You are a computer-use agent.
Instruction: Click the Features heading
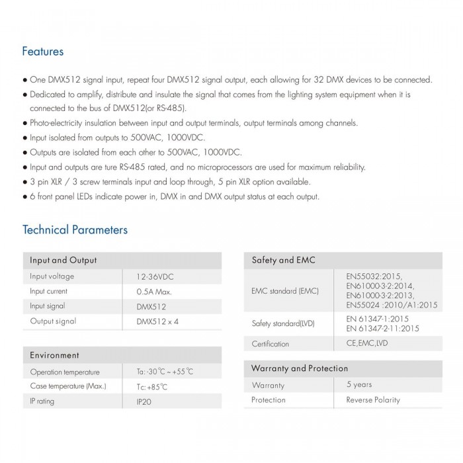click(43, 51)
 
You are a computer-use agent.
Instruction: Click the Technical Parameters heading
click(75, 230)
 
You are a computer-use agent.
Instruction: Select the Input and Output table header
click(63, 260)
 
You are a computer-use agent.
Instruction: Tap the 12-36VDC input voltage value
click(155, 276)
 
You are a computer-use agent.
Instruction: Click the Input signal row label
click(47, 306)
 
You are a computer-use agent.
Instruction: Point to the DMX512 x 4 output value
click(157, 321)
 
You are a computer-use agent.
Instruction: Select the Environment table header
click(54, 355)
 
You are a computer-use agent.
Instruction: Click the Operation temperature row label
click(65, 372)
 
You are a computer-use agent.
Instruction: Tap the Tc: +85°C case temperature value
click(152, 386)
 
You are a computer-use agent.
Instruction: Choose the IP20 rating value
click(144, 401)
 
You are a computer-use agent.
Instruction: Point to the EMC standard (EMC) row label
click(286, 290)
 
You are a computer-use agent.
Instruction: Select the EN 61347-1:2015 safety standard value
click(382, 318)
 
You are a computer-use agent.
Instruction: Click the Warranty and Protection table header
click(300, 368)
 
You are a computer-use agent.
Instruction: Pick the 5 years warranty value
click(359, 384)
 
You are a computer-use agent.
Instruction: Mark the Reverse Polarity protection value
click(374, 400)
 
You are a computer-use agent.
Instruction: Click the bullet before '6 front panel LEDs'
click(25, 197)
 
